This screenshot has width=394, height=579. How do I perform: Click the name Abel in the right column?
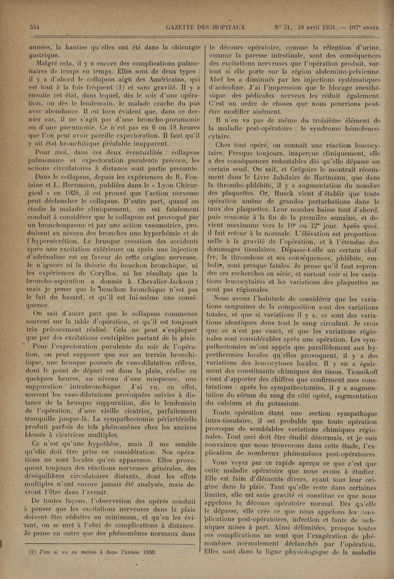pos(217,83)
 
